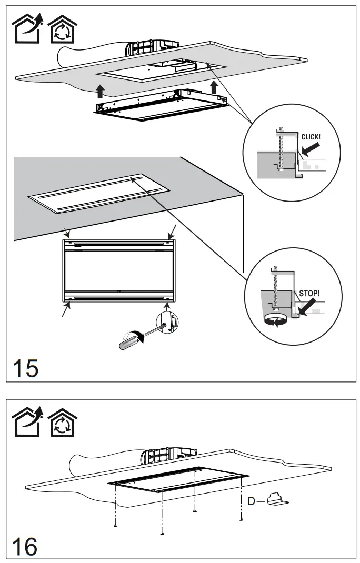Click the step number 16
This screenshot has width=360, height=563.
click(25, 546)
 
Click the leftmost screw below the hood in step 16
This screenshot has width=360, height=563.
click(115, 525)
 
